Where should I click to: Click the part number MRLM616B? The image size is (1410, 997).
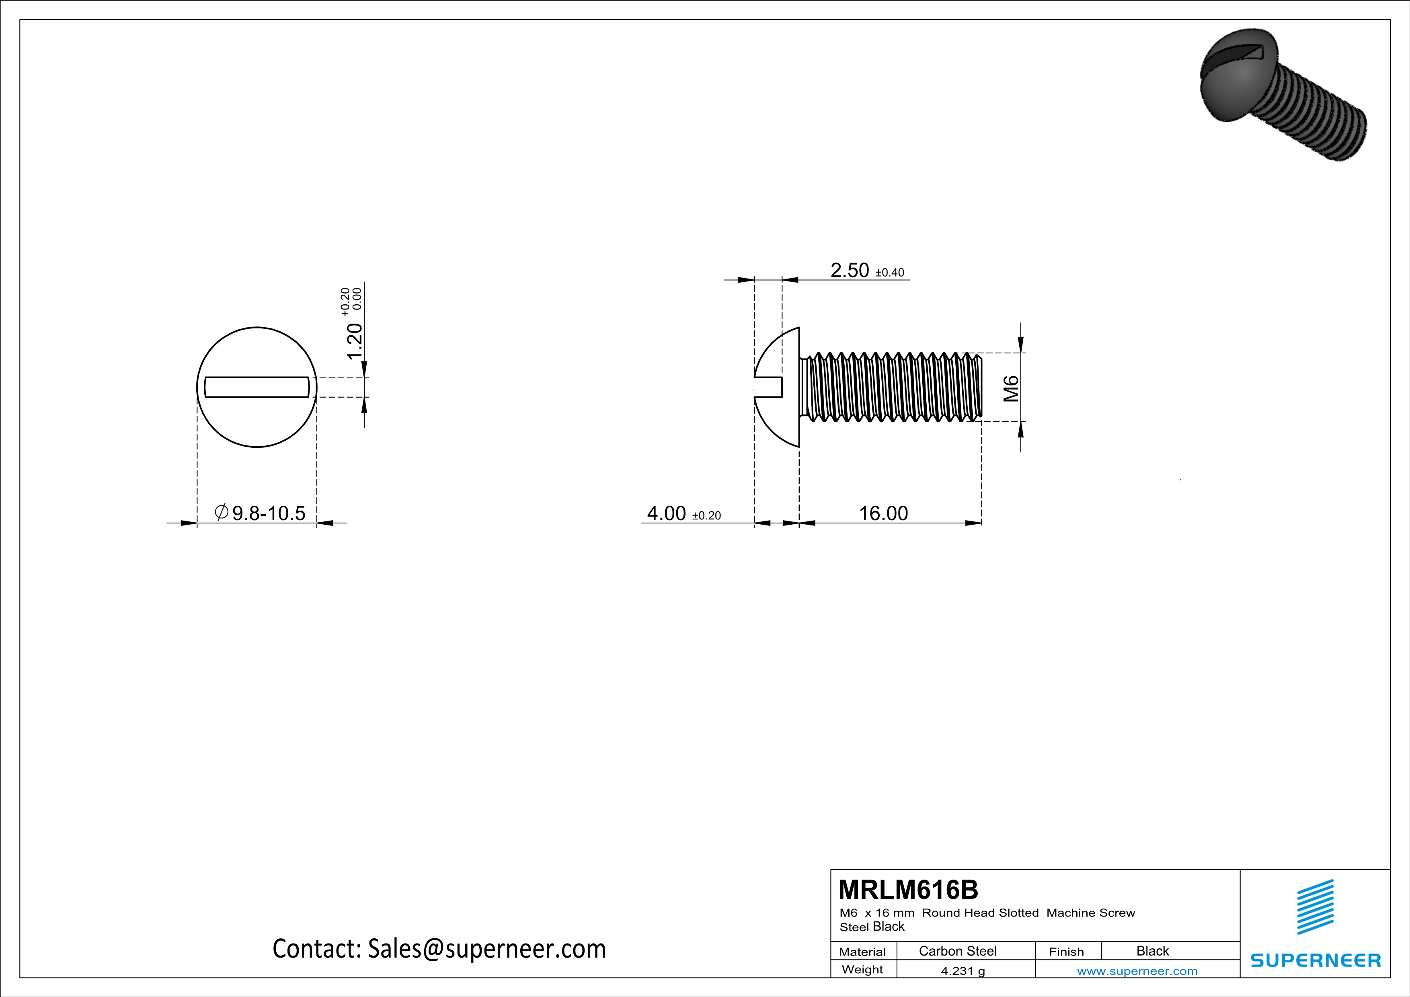pos(908,890)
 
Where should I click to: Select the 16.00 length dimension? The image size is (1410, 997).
pos(883,513)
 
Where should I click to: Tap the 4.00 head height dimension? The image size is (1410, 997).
pos(666,513)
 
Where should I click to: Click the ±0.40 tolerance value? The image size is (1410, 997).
pos(889,273)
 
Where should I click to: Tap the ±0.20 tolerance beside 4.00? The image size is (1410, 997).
pos(706,516)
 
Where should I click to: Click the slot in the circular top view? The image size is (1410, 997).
pos(257,388)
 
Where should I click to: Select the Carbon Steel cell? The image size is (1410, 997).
pos(957,951)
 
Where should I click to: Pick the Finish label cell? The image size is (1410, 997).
pos(1066,952)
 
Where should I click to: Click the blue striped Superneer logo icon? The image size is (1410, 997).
pos(1315,907)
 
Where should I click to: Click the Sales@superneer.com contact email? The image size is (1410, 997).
pos(486,948)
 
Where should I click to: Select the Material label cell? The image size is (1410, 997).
pos(862,952)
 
